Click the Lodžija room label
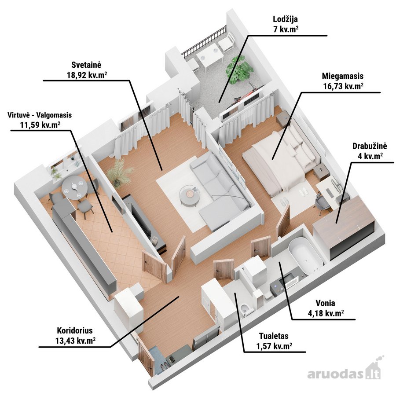click(285, 19)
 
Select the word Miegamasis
click(343, 76)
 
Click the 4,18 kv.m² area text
click(326, 313)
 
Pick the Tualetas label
click(274, 336)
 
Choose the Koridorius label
click(75, 330)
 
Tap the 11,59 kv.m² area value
click(40, 125)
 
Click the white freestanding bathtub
click(306, 255)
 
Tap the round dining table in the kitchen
click(75, 187)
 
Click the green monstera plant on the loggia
click(239, 68)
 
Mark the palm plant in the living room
click(119, 172)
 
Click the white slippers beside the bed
click(304, 192)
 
